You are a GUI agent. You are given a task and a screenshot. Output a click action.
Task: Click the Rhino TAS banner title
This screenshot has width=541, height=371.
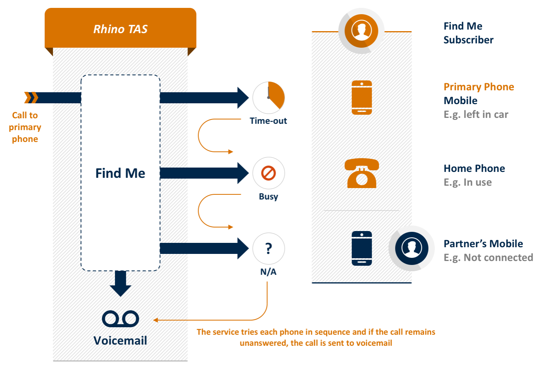[120, 29]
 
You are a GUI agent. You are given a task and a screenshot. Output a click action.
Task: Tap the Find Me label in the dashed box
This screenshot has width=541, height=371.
[120, 173]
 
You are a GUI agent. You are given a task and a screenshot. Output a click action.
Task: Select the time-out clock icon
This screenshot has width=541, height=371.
[269, 97]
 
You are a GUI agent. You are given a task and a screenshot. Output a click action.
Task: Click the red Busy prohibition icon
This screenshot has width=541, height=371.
[269, 173]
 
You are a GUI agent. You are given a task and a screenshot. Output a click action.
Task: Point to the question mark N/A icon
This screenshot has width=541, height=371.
[269, 248]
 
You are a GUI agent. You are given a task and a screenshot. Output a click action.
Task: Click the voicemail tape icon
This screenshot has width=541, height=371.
[120, 319]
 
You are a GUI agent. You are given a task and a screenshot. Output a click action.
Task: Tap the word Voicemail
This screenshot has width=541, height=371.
[120, 341]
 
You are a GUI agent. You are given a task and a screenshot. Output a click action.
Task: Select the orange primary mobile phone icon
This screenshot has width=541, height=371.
[362, 97]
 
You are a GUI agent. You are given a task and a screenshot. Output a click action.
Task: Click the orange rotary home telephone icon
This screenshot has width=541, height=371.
[362, 173]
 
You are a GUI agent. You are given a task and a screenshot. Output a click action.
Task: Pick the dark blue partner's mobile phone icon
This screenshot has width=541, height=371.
[362, 248]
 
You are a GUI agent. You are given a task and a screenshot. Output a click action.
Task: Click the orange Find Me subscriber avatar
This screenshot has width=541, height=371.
[361, 31]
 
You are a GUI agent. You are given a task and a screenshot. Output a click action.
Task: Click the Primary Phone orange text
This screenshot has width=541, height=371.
[479, 87]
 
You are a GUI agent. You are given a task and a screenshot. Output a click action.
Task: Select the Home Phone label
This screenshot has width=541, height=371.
[474, 168]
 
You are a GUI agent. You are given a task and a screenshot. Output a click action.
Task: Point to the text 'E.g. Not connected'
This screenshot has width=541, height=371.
[488, 257]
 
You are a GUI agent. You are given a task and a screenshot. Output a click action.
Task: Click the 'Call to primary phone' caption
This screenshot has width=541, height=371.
[25, 127]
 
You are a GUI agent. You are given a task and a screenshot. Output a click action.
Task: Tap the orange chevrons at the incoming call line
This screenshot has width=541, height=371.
[31, 97]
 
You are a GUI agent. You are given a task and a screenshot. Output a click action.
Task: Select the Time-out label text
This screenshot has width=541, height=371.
[269, 121]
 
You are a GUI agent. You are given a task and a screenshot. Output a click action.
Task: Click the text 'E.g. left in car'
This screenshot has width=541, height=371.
[476, 114]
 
